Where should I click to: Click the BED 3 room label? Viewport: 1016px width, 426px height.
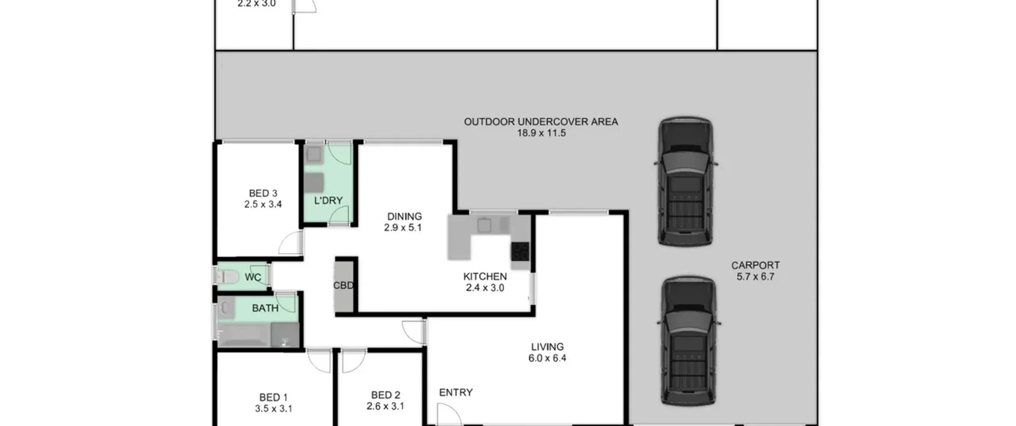pyautogui.click(x=263, y=193)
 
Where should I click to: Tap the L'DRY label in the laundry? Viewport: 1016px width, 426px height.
pyautogui.click(x=328, y=201)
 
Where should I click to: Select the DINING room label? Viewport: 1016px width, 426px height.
pyautogui.click(x=404, y=216)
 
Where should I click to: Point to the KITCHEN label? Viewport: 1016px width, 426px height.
pyautogui.click(x=485, y=277)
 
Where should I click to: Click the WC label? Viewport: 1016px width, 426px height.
pyautogui.click(x=253, y=277)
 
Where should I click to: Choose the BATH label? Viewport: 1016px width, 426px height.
pyautogui.click(x=265, y=308)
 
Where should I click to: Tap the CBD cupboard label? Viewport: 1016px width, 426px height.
pyautogui.click(x=343, y=285)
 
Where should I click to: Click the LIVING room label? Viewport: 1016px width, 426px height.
pyautogui.click(x=547, y=347)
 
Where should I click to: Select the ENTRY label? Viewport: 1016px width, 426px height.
pyautogui.click(x=456, y=392)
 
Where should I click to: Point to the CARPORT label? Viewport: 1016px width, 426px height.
pyautogui.click(x=755, y=265)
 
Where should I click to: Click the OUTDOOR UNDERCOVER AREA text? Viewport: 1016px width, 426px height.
pyautogui.click(x=541, y=122)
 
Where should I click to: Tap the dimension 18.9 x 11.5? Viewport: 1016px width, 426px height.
pyautogui.click(x=541, y=133)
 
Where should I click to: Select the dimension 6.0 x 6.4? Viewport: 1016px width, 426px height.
pyautogui.click(x=547, y=358)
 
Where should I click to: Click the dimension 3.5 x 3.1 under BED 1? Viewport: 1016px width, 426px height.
pyautogui.click(x=273, y=409)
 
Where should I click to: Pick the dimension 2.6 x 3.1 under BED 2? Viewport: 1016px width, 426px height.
pyautogui.click(x=385, y=406)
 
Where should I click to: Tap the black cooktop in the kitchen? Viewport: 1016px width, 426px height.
pyautogui.click(x=520, y=251)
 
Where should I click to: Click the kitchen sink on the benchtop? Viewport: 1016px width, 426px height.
pyautogui.click(x=484, y=225)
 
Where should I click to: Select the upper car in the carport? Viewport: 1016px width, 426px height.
pyautogui.click(x=685, y=181)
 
